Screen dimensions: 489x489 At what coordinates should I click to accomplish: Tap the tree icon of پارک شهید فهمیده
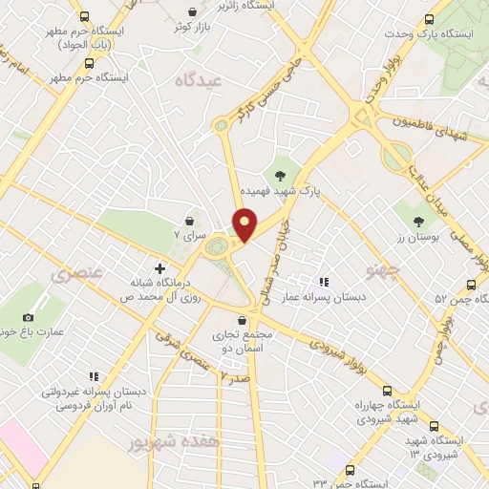click(x=280, y=176)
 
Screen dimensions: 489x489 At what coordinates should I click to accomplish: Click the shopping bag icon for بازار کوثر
click(x=194, y=11)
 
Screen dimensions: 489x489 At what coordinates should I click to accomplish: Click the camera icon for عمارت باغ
click(x=28, y=317)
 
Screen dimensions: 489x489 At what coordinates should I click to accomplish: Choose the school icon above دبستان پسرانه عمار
click(x=325, y=282)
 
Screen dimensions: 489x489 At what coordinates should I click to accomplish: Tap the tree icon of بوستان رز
click(x=418, y=223)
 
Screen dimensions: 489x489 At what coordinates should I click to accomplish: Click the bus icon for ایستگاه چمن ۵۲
click(x=470, y=284)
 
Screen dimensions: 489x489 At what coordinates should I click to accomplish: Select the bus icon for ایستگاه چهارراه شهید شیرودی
click(x=387, y=390)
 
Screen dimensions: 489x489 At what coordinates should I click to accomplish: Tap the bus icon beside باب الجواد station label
click(x=86, y=16)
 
